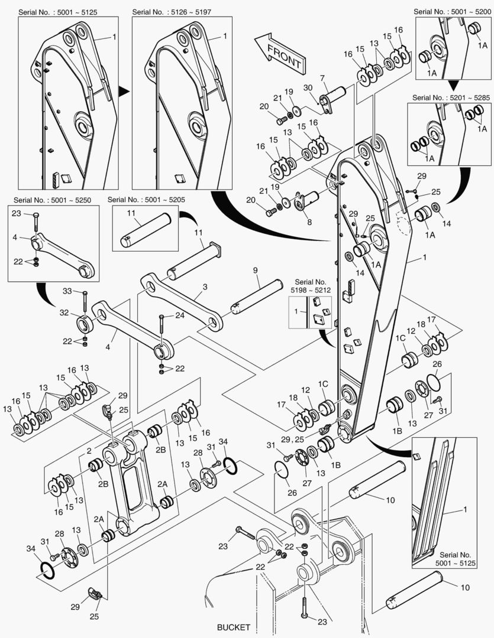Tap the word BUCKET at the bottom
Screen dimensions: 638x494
(233, 627)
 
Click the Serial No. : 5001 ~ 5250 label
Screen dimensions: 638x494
(52, 200)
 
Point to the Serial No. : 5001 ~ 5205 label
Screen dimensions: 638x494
(146, 200)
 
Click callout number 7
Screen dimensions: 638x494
(323, 78)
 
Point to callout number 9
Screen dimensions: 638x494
(255, 271)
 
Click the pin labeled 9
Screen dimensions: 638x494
(258, 294)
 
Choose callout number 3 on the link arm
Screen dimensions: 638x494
(205, 287)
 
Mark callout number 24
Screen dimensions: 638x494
(179, 315)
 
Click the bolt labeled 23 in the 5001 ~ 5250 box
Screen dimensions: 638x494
(36, 223)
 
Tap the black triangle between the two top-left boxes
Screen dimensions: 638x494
(123, 91)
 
